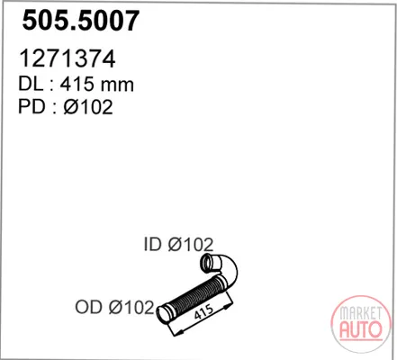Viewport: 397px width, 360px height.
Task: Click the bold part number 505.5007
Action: pos(81,21)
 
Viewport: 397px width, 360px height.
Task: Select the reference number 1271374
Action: pos(68,58)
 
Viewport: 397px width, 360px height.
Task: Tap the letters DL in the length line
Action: pos(31,84)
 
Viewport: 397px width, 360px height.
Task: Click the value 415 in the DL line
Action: pos(77,84)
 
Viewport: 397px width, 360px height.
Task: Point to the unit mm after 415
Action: pos(117,85)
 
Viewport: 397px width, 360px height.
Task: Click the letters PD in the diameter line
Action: pos(32,106)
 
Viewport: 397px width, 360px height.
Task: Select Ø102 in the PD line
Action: pos(88,106)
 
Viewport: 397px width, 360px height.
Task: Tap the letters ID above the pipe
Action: pos(153,244)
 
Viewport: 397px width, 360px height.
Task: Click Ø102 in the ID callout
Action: pos(191,244)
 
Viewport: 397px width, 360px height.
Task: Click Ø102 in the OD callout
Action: pos(131,307)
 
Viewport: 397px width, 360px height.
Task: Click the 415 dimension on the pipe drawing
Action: pos(204,312)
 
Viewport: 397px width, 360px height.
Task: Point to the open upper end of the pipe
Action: pos(207,263)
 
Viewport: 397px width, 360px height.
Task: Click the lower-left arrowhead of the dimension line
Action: pos(178,333)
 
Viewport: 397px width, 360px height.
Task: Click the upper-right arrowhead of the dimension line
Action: pos(229,306)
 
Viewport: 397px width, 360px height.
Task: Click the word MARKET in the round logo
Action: pos(360,313)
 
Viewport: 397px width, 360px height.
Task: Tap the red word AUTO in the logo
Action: pos(361,329)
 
